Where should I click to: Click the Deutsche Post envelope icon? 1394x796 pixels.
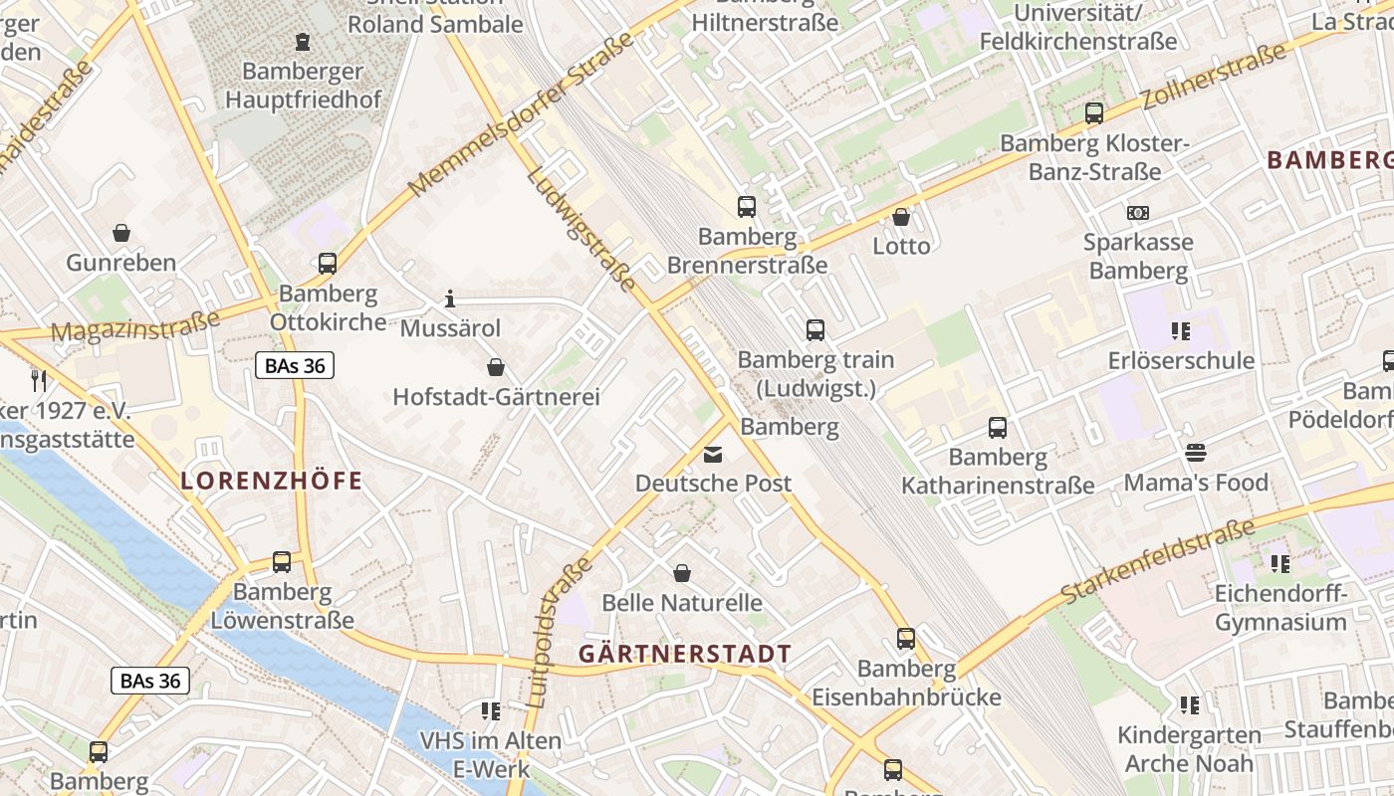pyautogui.click(x=713, y=455)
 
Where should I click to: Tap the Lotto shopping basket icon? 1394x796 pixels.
pyautogui.click(x=901, y=216)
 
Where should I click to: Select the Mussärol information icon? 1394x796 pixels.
pyautogui.click(x=450, y=298)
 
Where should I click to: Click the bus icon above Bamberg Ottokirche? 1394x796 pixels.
pyautogui.click(x=327, y=264)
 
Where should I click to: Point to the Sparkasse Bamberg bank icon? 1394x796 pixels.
pyautogui.click(x=1137, y=213)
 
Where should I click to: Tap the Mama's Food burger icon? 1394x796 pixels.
pyautogui.click(x=1195, y=454)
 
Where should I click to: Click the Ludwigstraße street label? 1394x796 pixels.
pyautogui.click(x=581, y=229)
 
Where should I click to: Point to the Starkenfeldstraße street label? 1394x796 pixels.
pyautogui.click(x=1158, y=563)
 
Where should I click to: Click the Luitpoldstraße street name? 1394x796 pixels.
pyautogui.click(x=557, y=633)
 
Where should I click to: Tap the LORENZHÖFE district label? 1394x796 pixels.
pyautogui.click(x=271, y=482)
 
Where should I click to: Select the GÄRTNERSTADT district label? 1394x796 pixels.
pyautogui.click(x=685, y=655)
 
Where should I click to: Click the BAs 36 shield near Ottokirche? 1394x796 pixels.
pyautogui.click(x=294, y=365)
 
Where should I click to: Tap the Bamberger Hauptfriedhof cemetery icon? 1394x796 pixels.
pyautogui.click(x=303, y=42)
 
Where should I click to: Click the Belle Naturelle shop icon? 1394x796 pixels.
pyautogui.click(x=682, y=573)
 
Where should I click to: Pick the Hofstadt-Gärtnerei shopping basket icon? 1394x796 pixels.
pyautogui.click(x=495, y=367)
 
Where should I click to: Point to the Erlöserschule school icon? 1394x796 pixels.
pyautogui.click(x=1181, y=330)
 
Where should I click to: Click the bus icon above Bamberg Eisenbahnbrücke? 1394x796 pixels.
pyautogui.click(x=905, y=639)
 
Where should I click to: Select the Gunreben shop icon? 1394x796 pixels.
pyautogui.click(x=121, y=233)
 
